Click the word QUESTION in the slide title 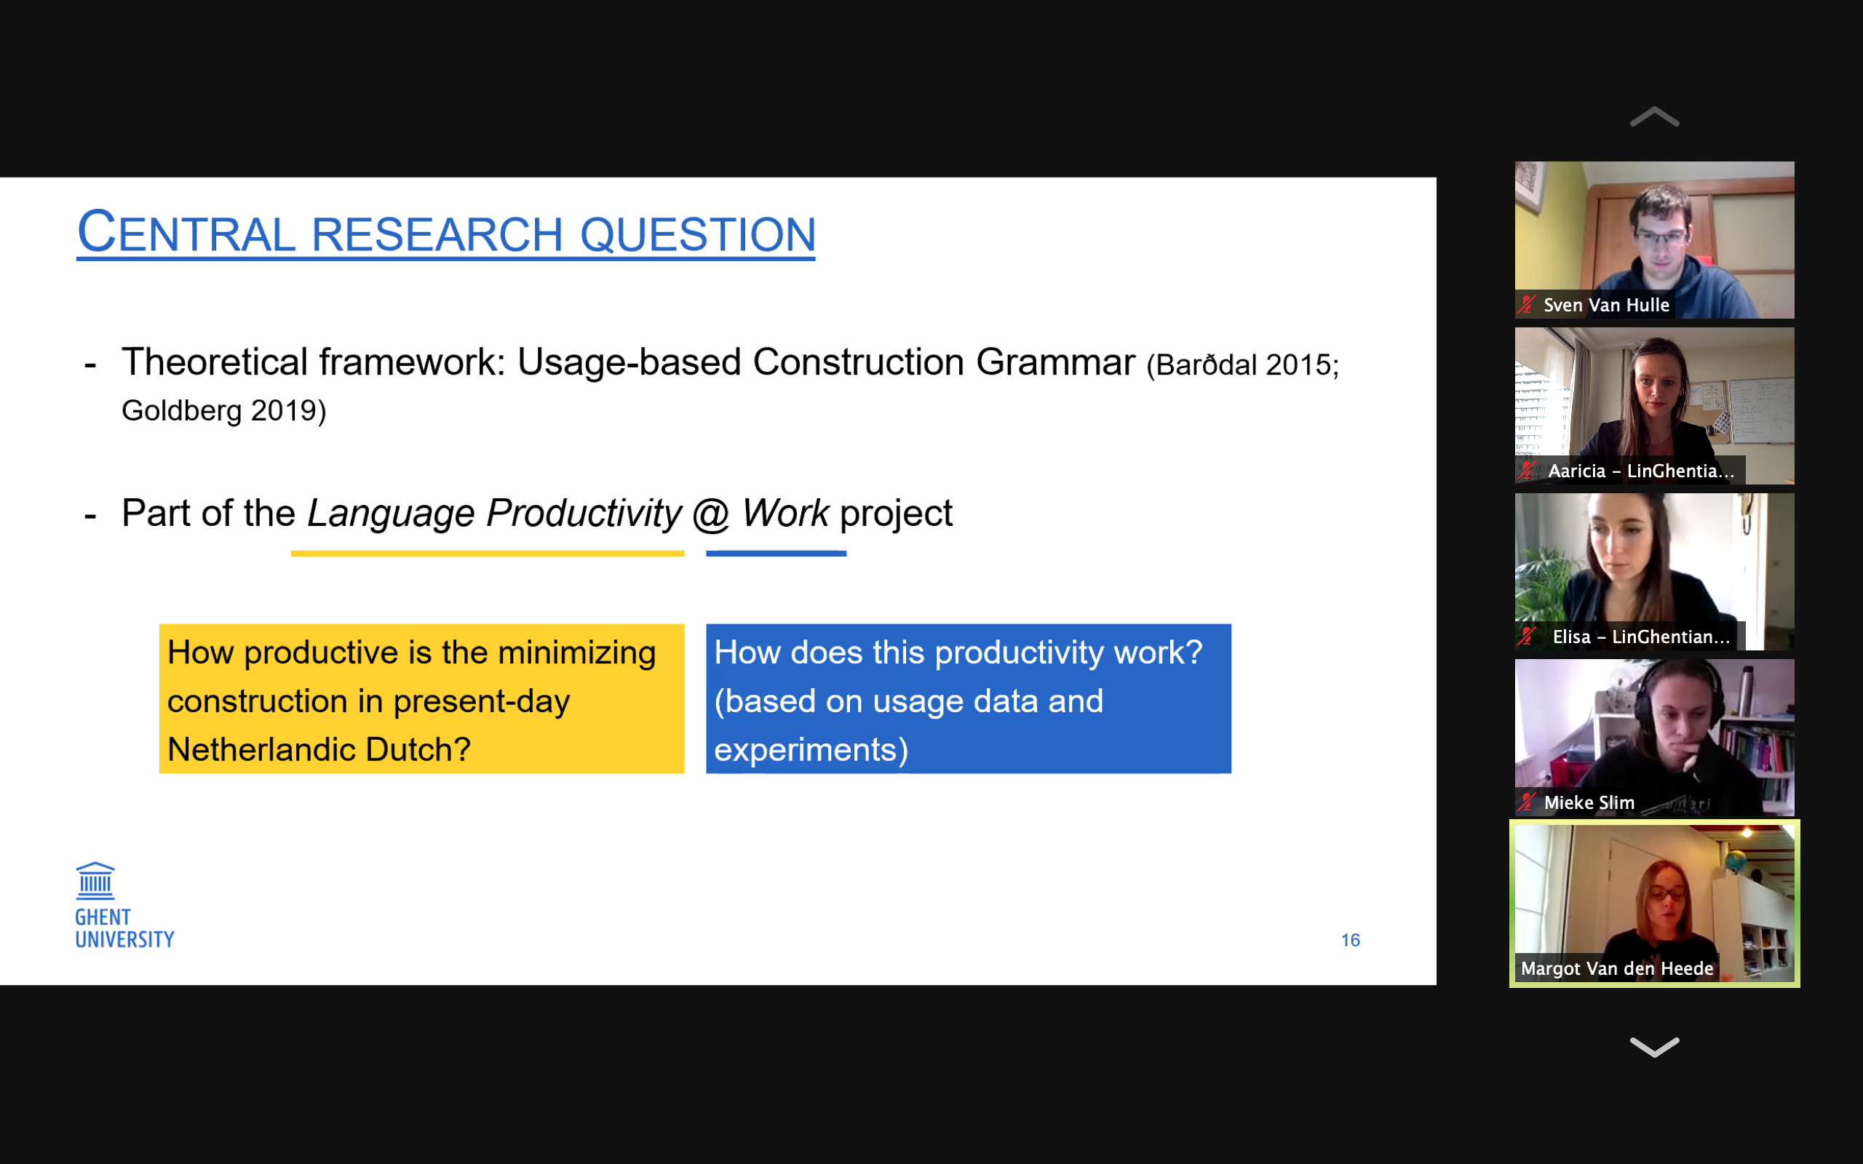coord(697,235)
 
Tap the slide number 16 coord(1350,940)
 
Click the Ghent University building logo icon coord(95,881)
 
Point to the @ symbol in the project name coord(710,514)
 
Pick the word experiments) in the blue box coord(811,750)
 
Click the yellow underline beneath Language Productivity coord(488,554)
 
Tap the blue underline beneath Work coord(776,554)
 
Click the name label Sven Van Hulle coord(1606,306)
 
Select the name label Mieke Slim coord(1589,803)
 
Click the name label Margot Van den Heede coord(1616,968)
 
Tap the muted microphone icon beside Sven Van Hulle coord(1527,306)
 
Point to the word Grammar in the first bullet coord(1055,362)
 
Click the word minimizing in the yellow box coord(577,653)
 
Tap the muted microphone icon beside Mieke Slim coord(1527,803)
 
